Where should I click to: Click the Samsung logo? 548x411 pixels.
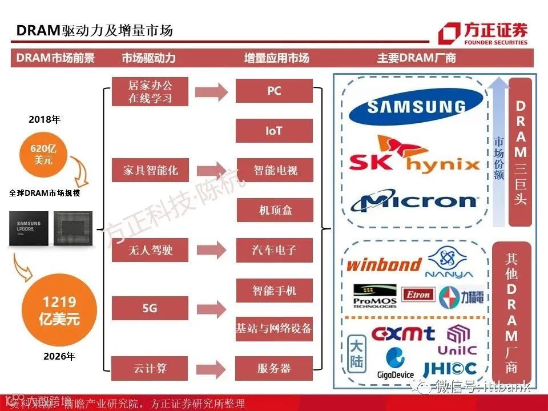click(x=416, y=106)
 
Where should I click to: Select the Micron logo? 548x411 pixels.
click(x=414, y=201)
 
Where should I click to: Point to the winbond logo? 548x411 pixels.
click(x=384, y=264)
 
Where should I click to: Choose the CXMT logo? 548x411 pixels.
click(x=403, y=333)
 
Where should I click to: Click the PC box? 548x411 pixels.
click(x=274, y=91)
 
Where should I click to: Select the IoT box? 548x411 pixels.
click(x=274, y=131)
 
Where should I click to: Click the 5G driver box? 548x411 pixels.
click(x=150, y=308)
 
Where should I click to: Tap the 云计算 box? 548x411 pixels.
click(x=150, y=368)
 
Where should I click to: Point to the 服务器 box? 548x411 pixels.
click(x=274, y=368)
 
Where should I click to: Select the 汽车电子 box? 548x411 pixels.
click(x=274, y=250)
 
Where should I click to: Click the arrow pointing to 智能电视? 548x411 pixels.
click(x=211, y=170)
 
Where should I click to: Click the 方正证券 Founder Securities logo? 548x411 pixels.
click(x=483, y=33)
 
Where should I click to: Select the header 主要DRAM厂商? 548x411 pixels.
click(x=416, y=58)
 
